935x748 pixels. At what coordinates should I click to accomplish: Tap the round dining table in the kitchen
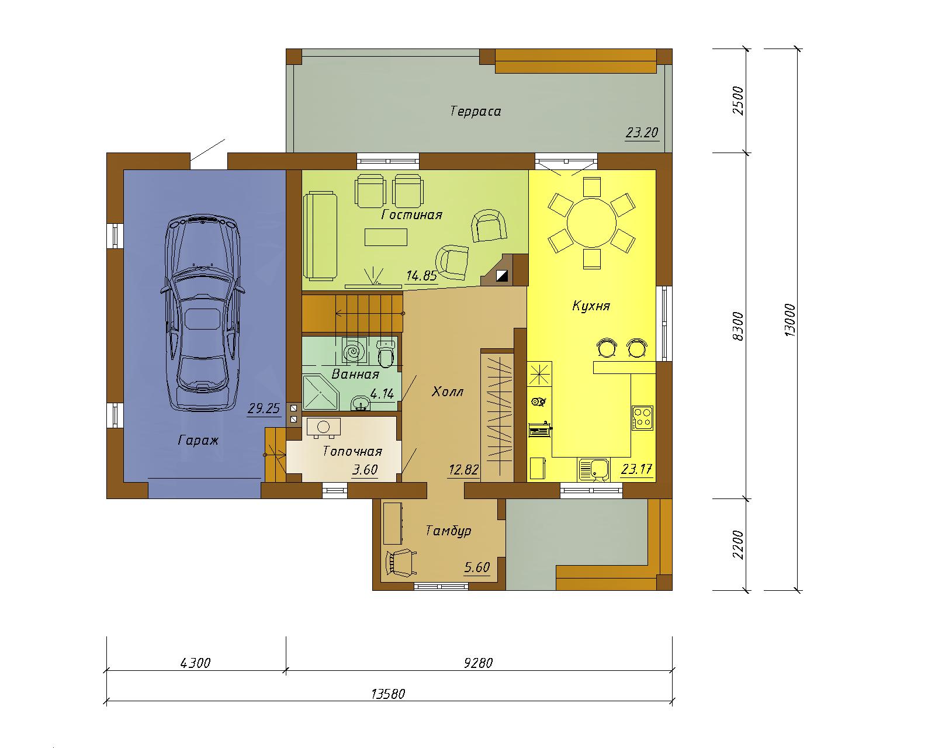coord(591,223)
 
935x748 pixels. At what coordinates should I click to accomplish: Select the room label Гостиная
coord(411,214)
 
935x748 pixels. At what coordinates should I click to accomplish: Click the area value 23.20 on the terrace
coord(642,132)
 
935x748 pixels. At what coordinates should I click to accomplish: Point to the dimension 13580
coord(388,694)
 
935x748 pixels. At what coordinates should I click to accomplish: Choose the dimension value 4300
coord(195,663)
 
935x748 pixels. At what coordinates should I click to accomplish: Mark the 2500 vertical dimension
coord(738,101)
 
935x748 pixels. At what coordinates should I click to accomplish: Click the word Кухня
coord(591,306)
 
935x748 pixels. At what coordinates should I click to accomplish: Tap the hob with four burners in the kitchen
coord(643,418)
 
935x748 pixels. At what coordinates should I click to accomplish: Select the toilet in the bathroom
coord(386,353)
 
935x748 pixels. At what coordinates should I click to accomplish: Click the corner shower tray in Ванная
coord(320,393)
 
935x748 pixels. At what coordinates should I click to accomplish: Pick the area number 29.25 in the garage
coord(264,408)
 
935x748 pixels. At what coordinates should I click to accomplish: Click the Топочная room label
coord(352,451)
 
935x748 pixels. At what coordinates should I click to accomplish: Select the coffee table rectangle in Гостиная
coord(386,237)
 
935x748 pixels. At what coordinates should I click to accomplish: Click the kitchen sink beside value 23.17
coord(594,469)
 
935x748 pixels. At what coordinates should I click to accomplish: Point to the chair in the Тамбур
coord(400,563)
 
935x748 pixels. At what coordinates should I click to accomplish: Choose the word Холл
coord(448,392)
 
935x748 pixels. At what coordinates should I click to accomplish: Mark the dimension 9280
coord(479,663)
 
